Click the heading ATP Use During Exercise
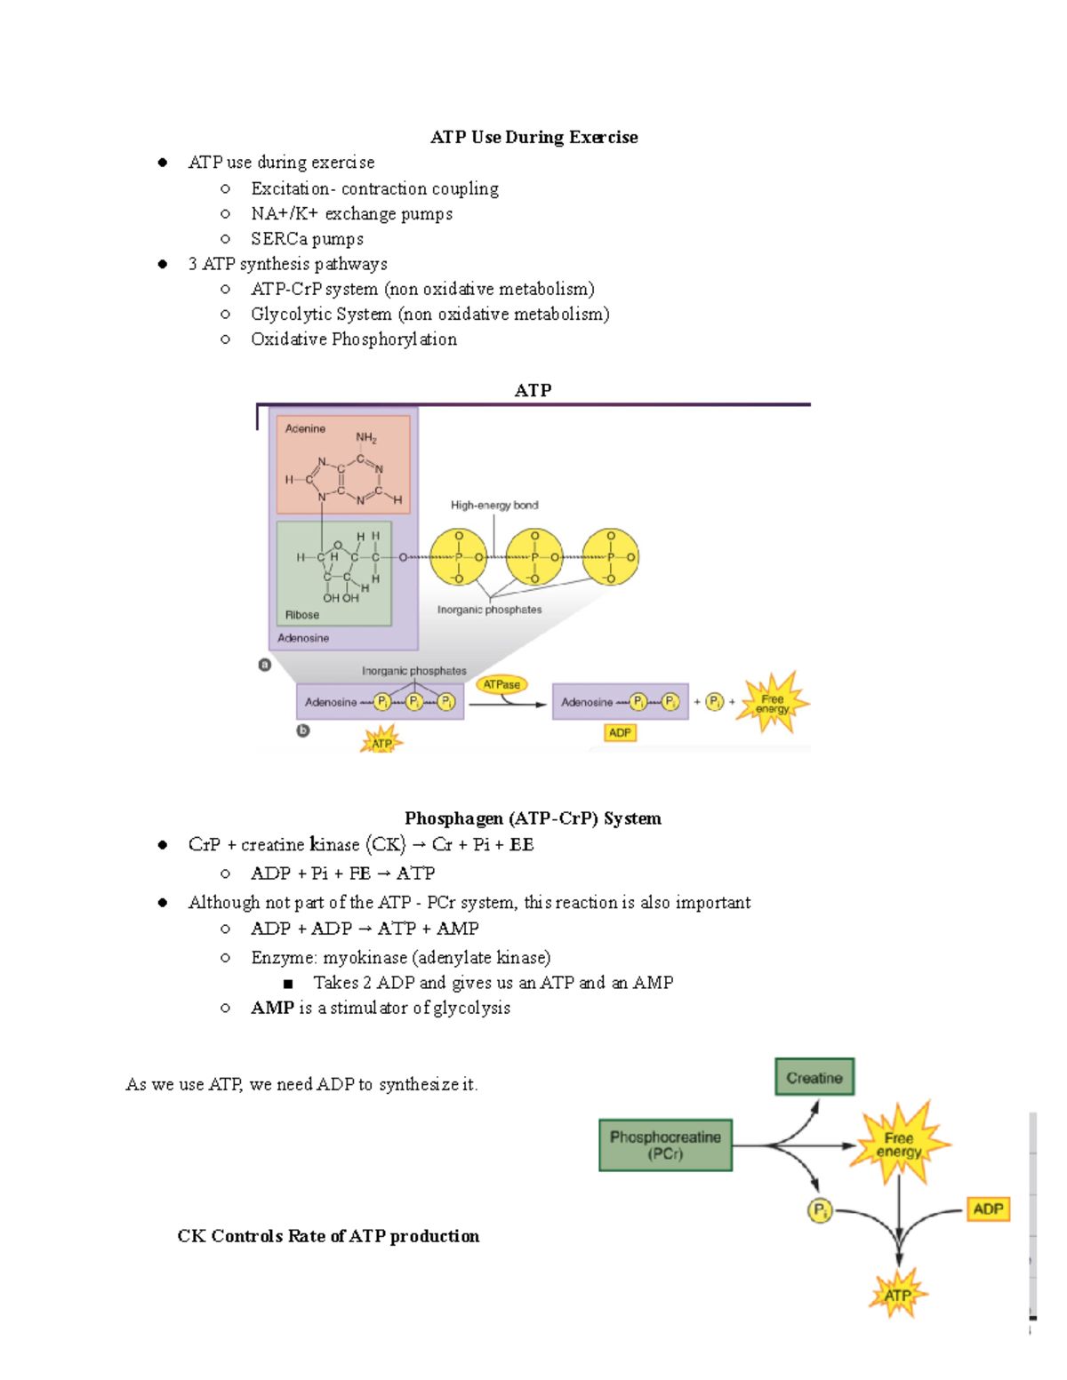click(x=533, y=137)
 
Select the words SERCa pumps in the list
click(x=307, y=239)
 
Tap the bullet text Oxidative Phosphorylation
click(x=354, y=339)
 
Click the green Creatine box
click(x=814, y=1077)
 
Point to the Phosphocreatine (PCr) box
click(x=665, y=1145)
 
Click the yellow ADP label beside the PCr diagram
click(x=988, y=1209)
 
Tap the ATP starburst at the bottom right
click(x=897, y=1295)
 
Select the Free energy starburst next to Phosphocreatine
click(x=899, y=1145)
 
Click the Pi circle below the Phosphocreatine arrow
click(x=819, y=1210)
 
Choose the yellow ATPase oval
click(x=501, y=684)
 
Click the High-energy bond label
click(x=494, y=505)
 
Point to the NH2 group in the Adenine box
click(x=366, y=437)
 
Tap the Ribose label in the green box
click(x=302, y=615)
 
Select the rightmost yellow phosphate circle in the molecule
click(x=611, y=557)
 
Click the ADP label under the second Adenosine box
click(x=620, y=733)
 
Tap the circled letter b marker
click(x=303, y=730)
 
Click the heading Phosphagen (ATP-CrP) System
click(x=533, y=818)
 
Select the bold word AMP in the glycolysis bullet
click(x=272, y=1008)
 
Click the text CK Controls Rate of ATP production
click(x=328, y=1236)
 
